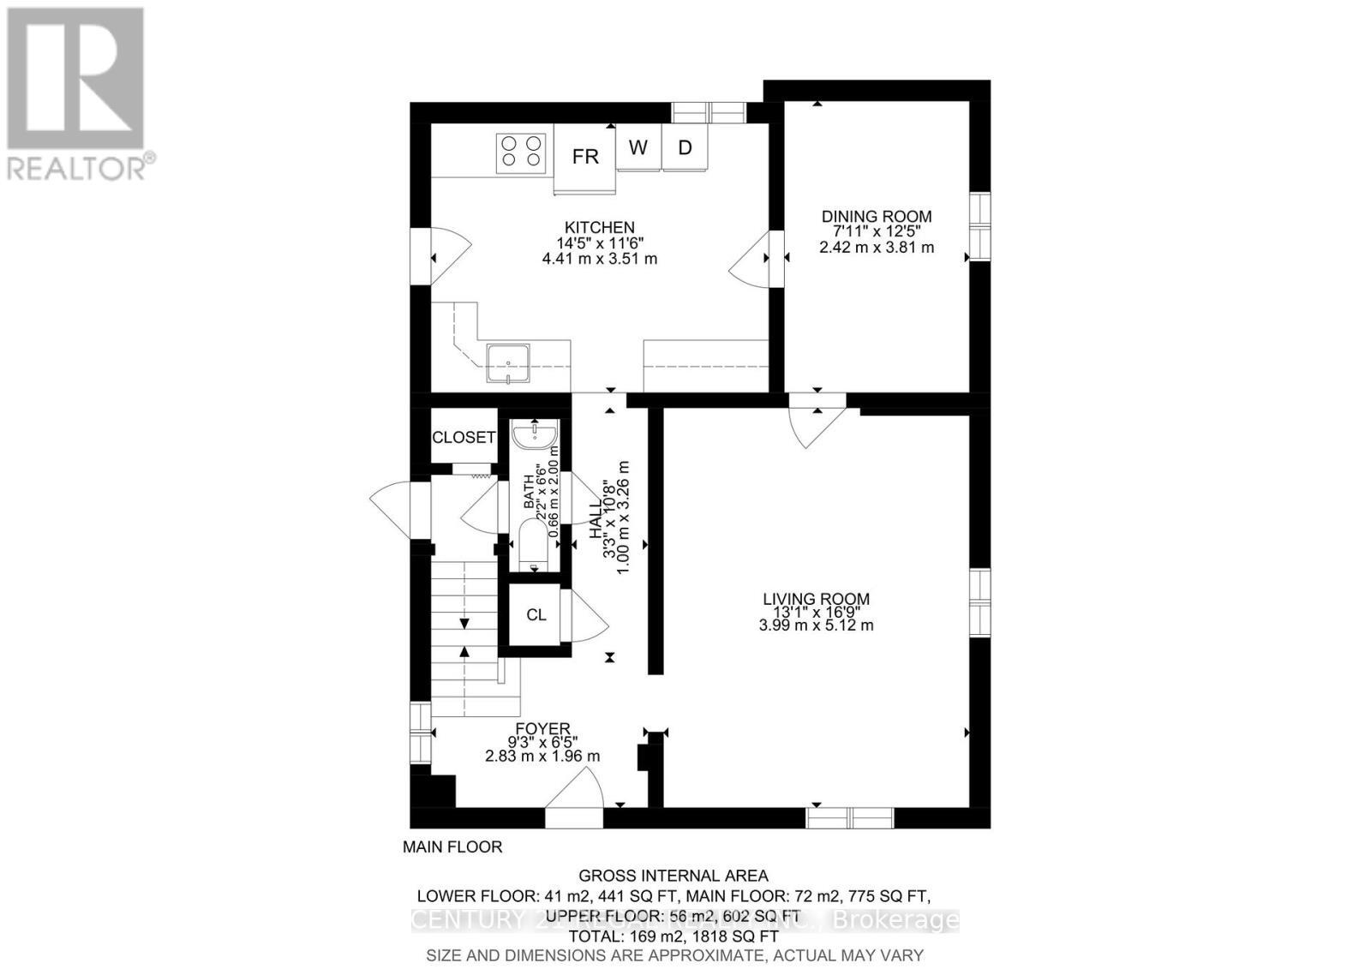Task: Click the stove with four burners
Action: (x=521, y=153)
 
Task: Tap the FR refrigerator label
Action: (x=585, y=157)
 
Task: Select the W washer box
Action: (x=638, y=147)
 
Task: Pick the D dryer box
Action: (x=685, y=147)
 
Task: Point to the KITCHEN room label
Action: (x=599, y=227)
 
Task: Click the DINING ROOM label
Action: (x=876, y=217)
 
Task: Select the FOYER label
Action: (x=542, y=729)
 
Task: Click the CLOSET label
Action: (x=463, y=438)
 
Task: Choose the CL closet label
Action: (x=536, y=614)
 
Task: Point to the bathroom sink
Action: (x=536, y=436)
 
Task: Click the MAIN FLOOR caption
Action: (x=452, y=846)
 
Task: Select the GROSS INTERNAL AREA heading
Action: (x=674, y=876)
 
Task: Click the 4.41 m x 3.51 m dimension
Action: (x=599, y=259)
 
